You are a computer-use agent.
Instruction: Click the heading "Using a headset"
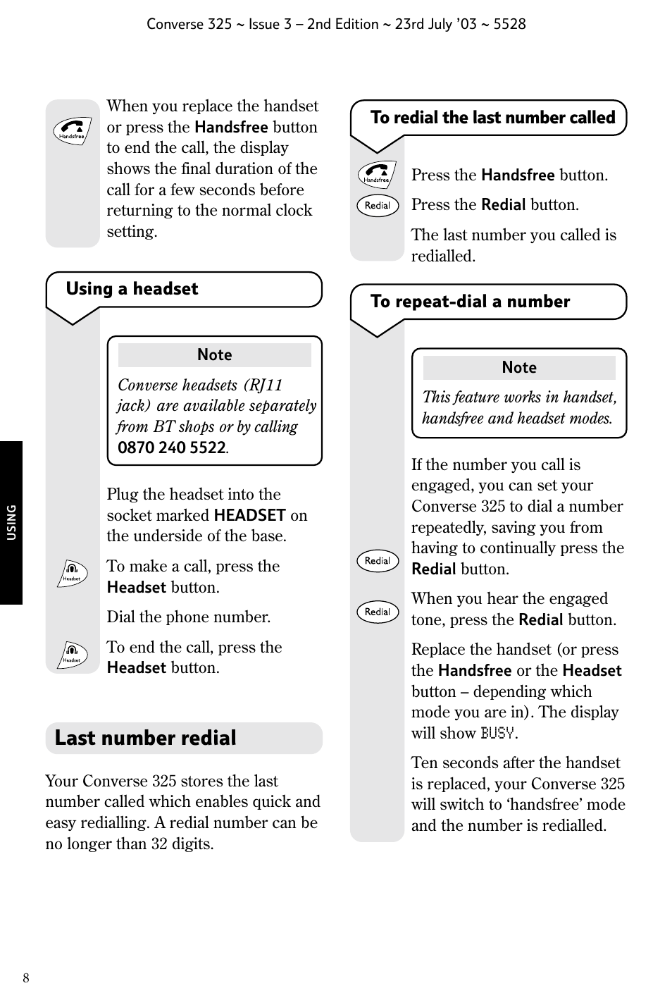click(x=132, y=289)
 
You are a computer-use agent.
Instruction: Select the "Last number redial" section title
click(x=145, y=738)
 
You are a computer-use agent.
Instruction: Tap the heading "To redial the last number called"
click(x=492, y=118)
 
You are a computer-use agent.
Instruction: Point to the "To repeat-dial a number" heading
click(x=470, y=302)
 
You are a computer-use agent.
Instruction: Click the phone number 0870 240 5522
click(x=171, y=448)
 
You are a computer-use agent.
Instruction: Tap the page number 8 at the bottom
click(x=26, y=978)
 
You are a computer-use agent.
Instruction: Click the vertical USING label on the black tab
click(x=11, y=522)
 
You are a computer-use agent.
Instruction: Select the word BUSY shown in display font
click(x=497, y=734)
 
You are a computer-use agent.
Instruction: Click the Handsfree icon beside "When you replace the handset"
click(x=73, y=131)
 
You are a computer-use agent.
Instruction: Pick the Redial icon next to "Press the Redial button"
click(x=378, y=206)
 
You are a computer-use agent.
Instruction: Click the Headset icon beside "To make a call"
click(x=72, y=574)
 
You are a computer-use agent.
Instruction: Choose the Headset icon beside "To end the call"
click(x=72, y=655)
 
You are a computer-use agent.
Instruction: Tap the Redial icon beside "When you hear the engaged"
click(x=378, y=612)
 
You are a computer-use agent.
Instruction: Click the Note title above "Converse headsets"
click(x=214, y=355)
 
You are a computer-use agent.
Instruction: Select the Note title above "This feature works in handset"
click(x=519, y=368)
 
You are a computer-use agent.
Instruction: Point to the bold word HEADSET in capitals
click(x=249, y=515)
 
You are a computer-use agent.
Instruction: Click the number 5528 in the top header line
click(x=509, y=24)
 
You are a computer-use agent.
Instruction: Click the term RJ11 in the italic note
click(x=266, y=385)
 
